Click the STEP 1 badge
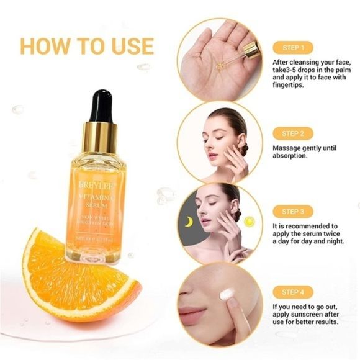(x=293, y=47)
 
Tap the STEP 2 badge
(x=293, y=133)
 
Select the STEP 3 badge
(x=293, y=212)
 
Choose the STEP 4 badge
(x=293, y=292)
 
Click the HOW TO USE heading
(x=86, y=46)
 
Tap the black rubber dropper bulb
(x=101, y=106)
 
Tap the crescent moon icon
(x=187, y=221)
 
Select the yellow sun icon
(x=250, y=221)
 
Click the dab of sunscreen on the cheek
(x=227, y=295)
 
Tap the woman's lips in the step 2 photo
(x=213, y=155)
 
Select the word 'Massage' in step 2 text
(x=289, y=148)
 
